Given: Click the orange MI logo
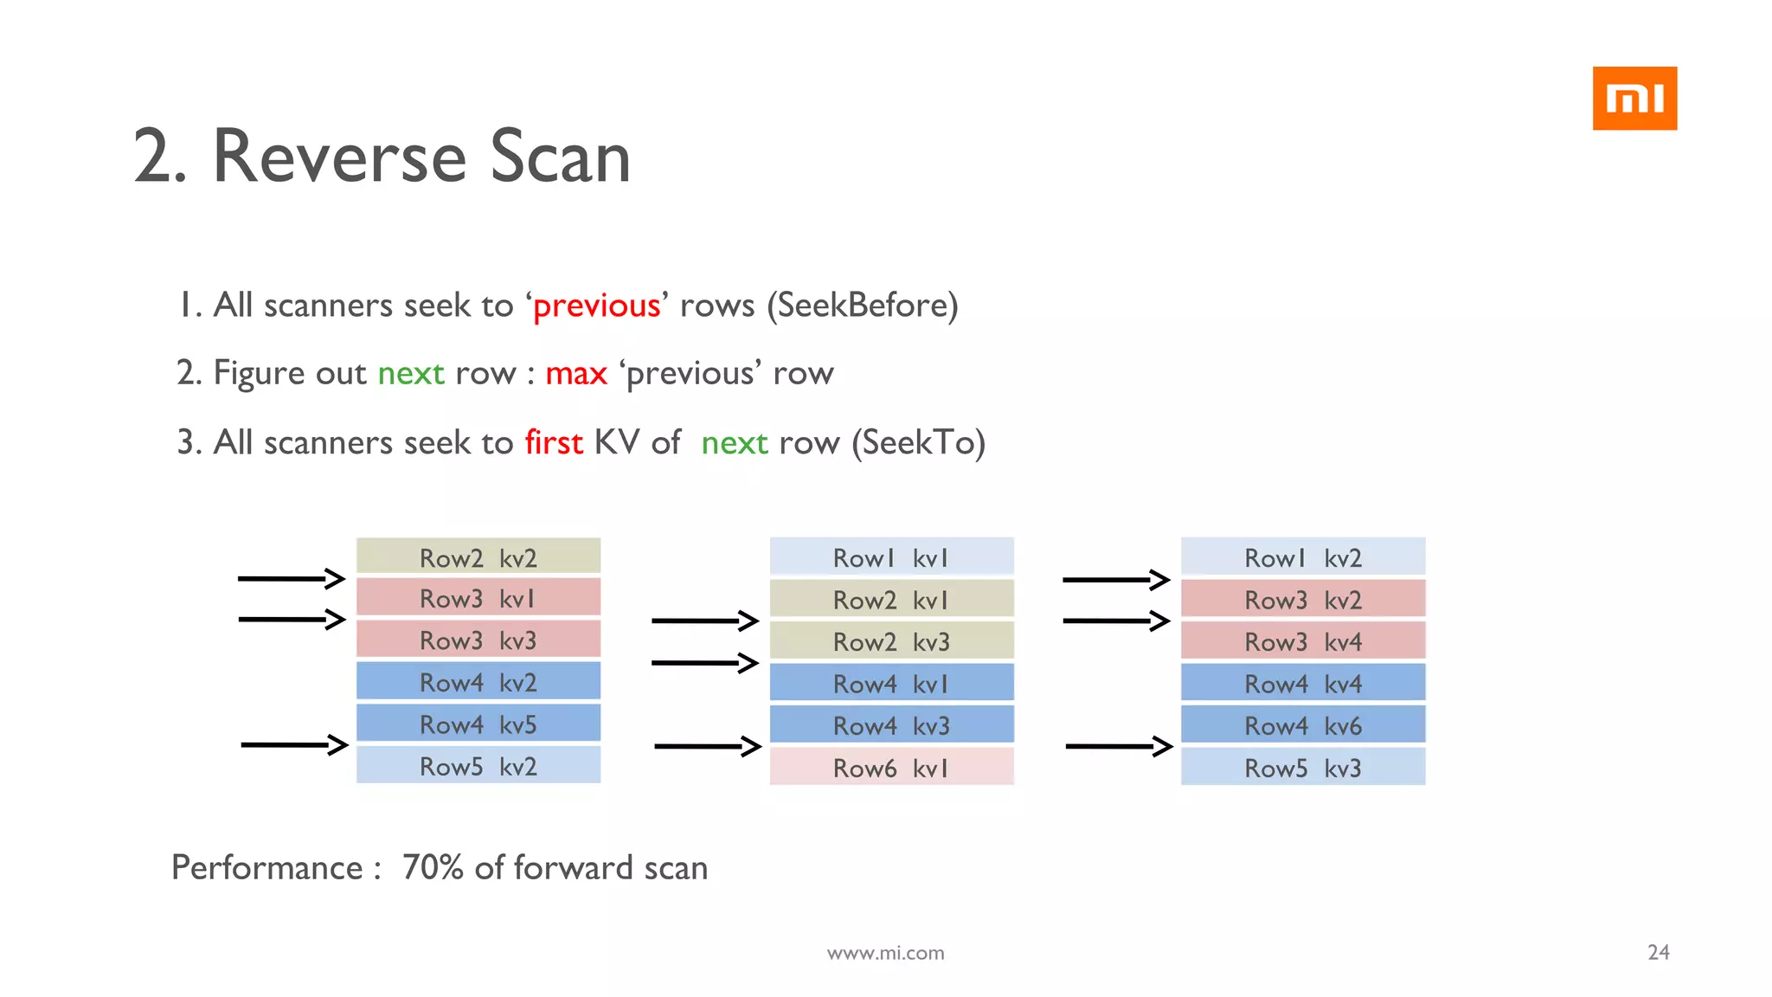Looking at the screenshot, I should click(x=1634, y=99).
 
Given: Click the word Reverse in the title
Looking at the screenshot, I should click(x=341, y=157).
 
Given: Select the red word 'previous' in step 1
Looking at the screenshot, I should click(x=596, y=306).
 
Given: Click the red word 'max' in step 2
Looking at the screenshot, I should click(x=576, y=374).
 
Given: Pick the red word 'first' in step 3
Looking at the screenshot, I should click(x=554, y=442).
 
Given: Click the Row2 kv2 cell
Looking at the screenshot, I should click(x=478, y=557).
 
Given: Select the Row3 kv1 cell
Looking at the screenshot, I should click(x=478, y=598).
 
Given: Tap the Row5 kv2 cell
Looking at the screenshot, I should click(x=478, y=766).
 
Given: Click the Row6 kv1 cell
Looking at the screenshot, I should click(x=891, y=768).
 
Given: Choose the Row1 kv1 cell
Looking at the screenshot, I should click(x=891, y=557).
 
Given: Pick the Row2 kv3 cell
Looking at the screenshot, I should click(x=891, y=641).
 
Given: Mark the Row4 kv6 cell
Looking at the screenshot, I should click(x=1302, y=725).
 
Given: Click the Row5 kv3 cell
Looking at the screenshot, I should click(x=1302, y=768).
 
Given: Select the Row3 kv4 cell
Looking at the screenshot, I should click(x=1302, y=641).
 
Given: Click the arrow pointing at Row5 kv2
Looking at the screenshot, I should click(x=294, y=744).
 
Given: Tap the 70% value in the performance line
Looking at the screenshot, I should click(x=433, y=868).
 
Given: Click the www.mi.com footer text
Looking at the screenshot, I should click(x=885, y=953).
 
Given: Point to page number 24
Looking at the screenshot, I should click(x=1658, y=952).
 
